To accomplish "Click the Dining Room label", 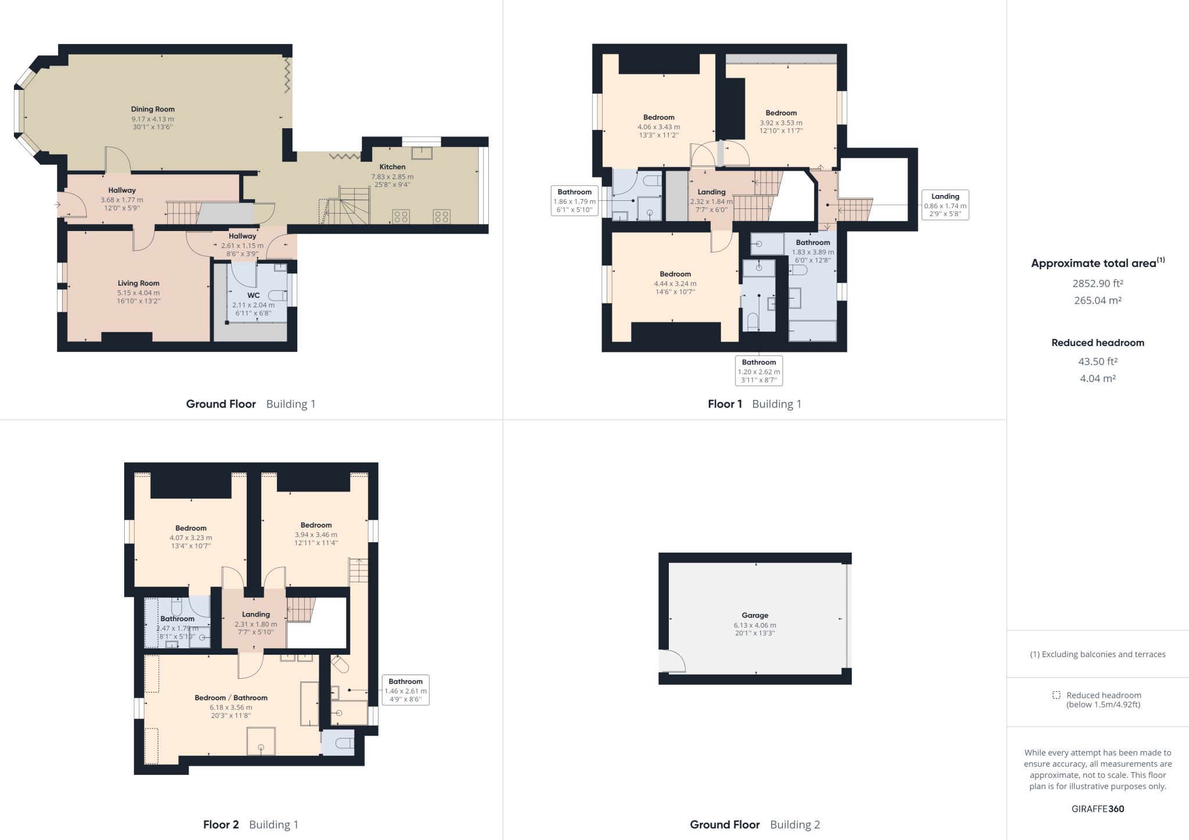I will click(x=153, y=109).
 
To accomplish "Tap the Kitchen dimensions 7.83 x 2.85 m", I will click(x=392, y=177).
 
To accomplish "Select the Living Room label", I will click(x=138, y=283).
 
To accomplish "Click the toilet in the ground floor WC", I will click(x=278, y=295).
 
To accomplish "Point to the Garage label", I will click(x=755, y=615).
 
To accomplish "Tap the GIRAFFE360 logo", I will click(x=1097, y=809).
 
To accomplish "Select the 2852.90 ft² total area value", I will click(x=1097, y=284).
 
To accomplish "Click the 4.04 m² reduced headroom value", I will click(x=1097, y=378).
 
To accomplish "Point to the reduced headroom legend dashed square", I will click(x=1056, y=695).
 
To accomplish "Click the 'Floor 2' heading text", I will click(x=221, y=825).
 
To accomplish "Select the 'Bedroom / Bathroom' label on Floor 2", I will click(x=231, y=698).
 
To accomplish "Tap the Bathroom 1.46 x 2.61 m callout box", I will click(x=405, y=690).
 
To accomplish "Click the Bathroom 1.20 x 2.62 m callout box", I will click(x=759, y=371).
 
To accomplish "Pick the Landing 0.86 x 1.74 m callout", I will click(x=945, y=205).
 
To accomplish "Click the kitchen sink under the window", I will click(x=421, y=153).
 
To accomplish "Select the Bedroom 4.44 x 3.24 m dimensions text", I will click(x=675, y=284).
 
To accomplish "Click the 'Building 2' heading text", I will click(x=795, y=825).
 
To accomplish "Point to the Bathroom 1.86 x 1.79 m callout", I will click(x=574, y=201).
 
